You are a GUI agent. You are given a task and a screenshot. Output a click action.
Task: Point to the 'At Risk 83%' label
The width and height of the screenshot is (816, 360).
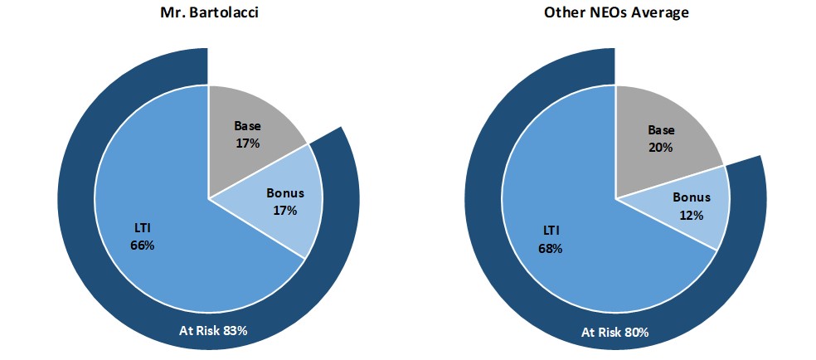click(x=214, y=330)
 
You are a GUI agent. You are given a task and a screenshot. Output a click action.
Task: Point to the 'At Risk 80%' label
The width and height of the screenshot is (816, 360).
click(x=614, y=332)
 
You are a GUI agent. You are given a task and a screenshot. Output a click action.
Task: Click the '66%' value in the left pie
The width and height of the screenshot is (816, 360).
click(x=143, y=246)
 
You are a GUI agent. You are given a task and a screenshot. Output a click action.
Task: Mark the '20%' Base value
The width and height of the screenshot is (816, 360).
click(x=661, y=147)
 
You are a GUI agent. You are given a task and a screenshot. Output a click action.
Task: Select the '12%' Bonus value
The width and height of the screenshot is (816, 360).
click(x=692, y=215)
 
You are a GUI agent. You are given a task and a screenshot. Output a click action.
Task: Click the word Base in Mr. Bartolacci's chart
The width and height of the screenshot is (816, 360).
click(x=248, y=127)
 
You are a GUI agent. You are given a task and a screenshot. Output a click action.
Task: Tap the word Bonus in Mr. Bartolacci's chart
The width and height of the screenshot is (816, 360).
click(x=285, y=193)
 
